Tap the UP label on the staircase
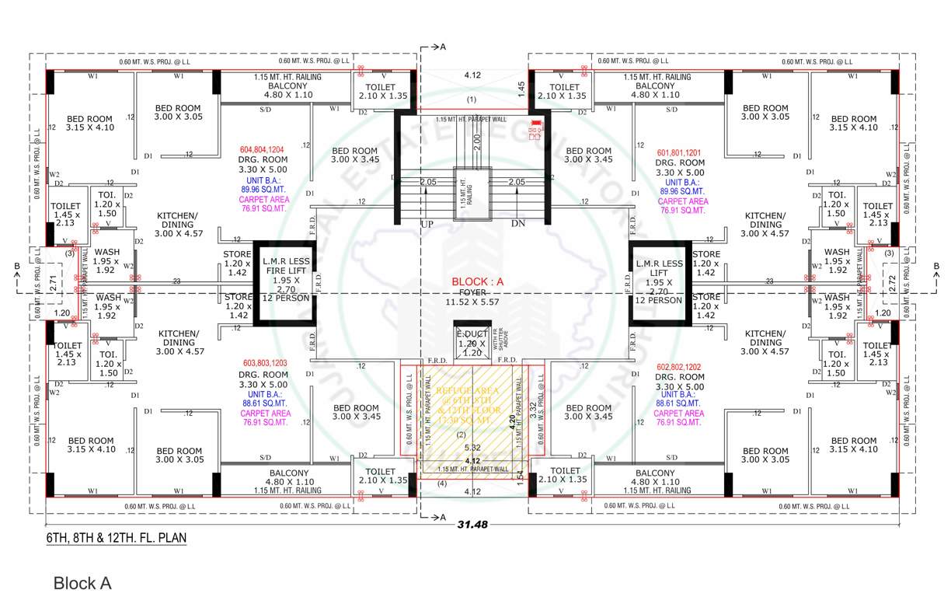(427, 223)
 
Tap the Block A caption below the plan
(82, 582)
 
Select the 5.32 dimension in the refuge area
(472, 448)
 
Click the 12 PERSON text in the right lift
(657, 299)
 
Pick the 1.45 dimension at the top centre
(522, 90)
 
